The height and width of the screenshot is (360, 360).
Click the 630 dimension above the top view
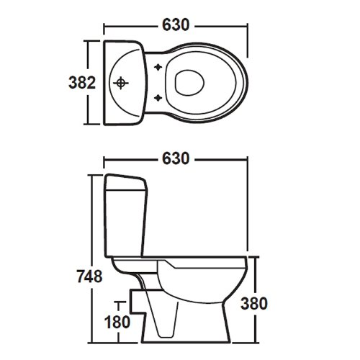coord(176,24)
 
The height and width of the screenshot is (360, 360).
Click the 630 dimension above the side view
coord(176,158)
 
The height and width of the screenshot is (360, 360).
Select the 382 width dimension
coord(82,82)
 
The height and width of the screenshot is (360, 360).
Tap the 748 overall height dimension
coord(90,276)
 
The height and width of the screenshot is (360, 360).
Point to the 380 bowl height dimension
coord(254,303)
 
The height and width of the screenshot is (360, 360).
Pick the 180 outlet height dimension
coord(117,322)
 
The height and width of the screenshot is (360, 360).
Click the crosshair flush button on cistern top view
coord(121,83)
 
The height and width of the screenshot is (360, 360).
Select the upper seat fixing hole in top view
coord(158,67)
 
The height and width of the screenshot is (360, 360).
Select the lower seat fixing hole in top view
coord(158,98)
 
